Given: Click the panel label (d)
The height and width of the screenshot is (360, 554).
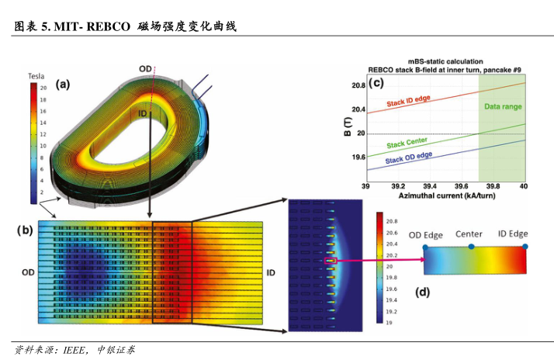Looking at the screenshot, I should [x=422, y=292].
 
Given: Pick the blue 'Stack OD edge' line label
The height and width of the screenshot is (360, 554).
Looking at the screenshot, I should [x=409, y=158].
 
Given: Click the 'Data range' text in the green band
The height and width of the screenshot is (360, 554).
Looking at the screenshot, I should [x=503, y=106].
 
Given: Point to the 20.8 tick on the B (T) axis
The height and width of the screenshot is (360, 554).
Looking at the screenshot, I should [x=357, y=85].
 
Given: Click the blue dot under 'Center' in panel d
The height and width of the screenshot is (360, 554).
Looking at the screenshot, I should [x=471, y=247].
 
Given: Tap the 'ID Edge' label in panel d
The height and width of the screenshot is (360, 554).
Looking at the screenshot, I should [x=513, y=234].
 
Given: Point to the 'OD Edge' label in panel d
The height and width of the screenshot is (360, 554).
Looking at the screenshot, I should [x=426, y=234].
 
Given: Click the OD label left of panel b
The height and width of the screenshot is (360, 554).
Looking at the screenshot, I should [x=29, y=272].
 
